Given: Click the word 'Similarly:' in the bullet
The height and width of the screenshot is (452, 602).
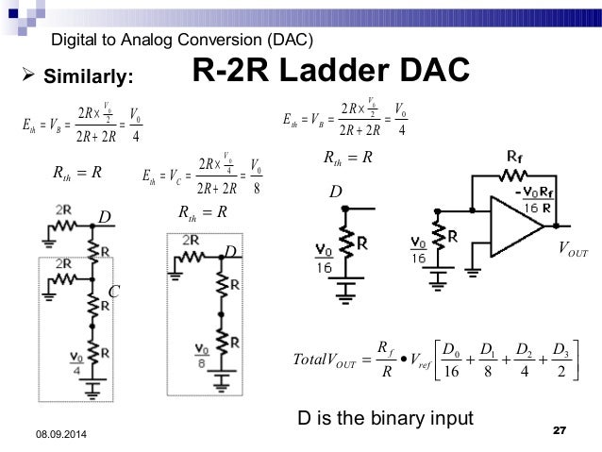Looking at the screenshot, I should tap(90, 75).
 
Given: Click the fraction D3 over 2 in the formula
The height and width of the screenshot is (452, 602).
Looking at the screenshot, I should tap(562, 362).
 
